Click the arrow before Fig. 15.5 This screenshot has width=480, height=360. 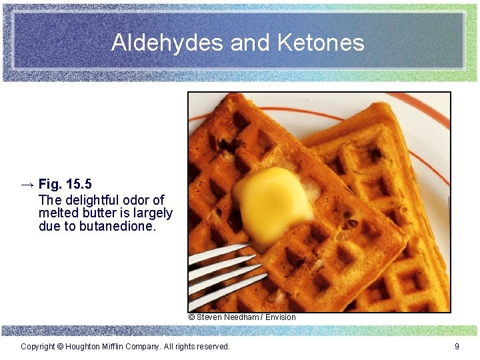coord(28,184)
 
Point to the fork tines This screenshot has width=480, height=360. coord(223,273)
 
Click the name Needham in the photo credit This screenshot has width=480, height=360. coord(243,317)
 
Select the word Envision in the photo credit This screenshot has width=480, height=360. coord(281,317)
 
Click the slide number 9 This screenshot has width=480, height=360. coord(457,347)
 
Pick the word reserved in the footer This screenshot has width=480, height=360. coord(211,347)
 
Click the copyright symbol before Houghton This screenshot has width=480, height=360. coord(60,347)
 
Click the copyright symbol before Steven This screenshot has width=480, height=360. coord(191,317)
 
